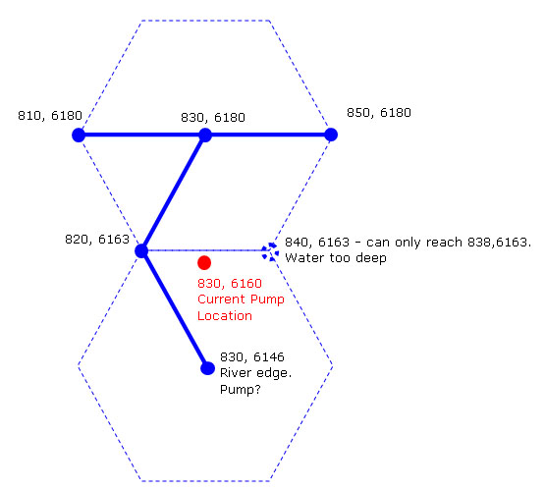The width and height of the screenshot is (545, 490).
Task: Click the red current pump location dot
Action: point(204,263)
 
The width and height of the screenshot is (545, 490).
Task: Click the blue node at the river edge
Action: point(207,368)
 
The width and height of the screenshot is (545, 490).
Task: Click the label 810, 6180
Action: point(50,115)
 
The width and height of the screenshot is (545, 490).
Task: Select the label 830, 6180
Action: point(213,118)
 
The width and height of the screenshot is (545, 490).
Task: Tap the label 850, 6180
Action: point(379,113)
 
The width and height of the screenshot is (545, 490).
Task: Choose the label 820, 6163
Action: point(97,239)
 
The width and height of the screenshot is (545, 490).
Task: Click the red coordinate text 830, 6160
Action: point(230,283)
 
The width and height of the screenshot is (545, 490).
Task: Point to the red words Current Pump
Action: point(241,299)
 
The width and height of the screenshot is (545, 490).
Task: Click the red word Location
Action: point(225,315)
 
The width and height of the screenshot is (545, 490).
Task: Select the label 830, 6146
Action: point(252,356)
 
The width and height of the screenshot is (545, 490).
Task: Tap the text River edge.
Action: point(256,373)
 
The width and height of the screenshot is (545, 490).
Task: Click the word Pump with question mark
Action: point(241,389)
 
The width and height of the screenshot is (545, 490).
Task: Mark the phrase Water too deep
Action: point(336,258)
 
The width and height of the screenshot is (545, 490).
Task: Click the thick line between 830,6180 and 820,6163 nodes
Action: point(174,192)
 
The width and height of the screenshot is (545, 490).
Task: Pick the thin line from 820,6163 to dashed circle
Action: point(205,250)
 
